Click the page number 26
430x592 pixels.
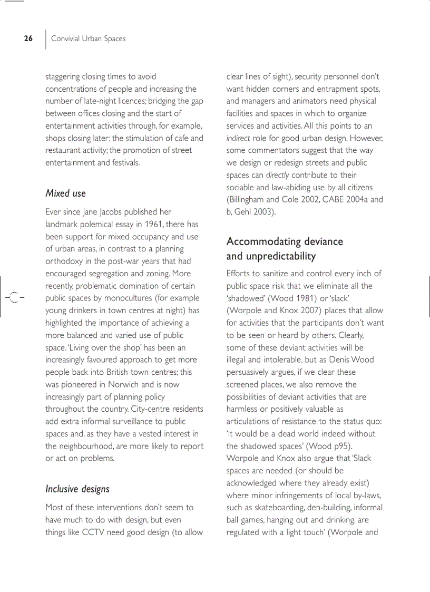28,38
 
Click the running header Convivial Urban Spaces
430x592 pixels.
88,38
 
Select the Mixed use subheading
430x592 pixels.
65,193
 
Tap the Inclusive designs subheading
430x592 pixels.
77,489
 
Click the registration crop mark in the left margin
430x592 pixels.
14,297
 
